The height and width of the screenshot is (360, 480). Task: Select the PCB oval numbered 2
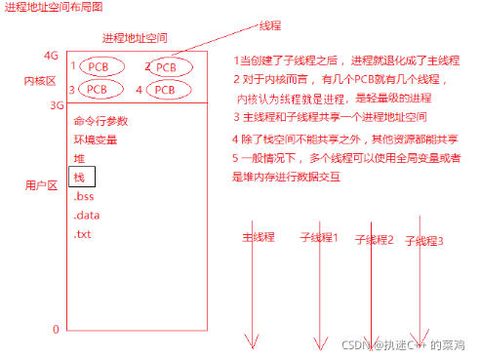tap(167, 66)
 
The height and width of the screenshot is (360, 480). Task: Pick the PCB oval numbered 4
tap(166, 90)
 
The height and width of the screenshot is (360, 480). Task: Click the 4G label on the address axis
tap(52, 55)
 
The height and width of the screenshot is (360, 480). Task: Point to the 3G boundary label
tap(56, 105)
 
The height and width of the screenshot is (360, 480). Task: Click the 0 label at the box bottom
tap(56, 329)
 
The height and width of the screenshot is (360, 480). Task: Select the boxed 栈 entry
tap(81, 178)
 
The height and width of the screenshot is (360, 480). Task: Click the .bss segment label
tap(84, 196)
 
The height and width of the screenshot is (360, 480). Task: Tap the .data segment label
tap(86, 215)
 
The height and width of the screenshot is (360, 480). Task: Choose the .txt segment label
tap(82, 234)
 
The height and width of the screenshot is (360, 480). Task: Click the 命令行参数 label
tap(100, 122)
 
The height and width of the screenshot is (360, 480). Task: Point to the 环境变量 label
tap(94, 140)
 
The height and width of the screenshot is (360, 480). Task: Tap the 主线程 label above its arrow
tap(259, 237)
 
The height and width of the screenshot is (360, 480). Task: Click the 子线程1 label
tap(318, 237)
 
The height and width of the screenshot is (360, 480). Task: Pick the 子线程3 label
tap(423, 240)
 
